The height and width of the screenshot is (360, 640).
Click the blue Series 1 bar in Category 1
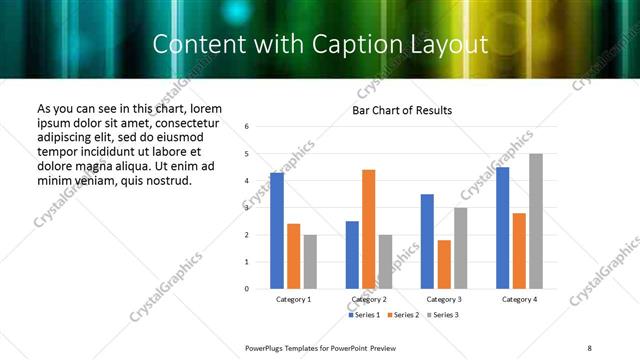277,231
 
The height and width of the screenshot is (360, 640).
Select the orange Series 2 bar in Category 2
369,229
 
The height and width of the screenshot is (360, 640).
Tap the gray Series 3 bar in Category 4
536,221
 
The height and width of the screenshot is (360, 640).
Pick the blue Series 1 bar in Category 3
427,241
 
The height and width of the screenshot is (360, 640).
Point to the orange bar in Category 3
444,264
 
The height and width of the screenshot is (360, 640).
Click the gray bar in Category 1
310,262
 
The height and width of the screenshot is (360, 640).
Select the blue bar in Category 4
503,228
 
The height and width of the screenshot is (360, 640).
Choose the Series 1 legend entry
364,315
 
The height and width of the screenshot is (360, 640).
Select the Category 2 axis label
369,299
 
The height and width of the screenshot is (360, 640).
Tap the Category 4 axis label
519,299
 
